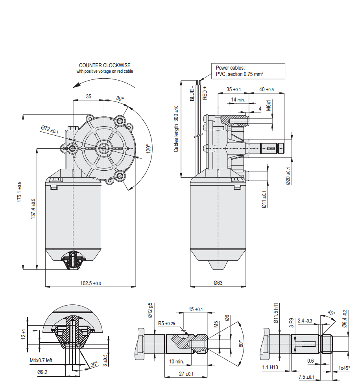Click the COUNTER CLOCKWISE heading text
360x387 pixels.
pyautogui.click(x=105, y=65)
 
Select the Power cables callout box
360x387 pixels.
pyautogui.click(x=248, y=71)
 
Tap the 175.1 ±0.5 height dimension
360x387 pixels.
pyautogui.click(x=19, y=192)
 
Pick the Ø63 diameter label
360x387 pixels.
pyautogui.click(x=218, y=283)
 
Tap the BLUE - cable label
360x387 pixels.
pyautogui.click(x=192, y=94)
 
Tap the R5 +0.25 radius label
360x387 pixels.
pyautogui.click(x=166, y=324)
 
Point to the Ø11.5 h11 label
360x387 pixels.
pyautogui.click(x=276, y=313)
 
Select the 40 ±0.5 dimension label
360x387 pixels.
pyautogui.click(x=267, y=89)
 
